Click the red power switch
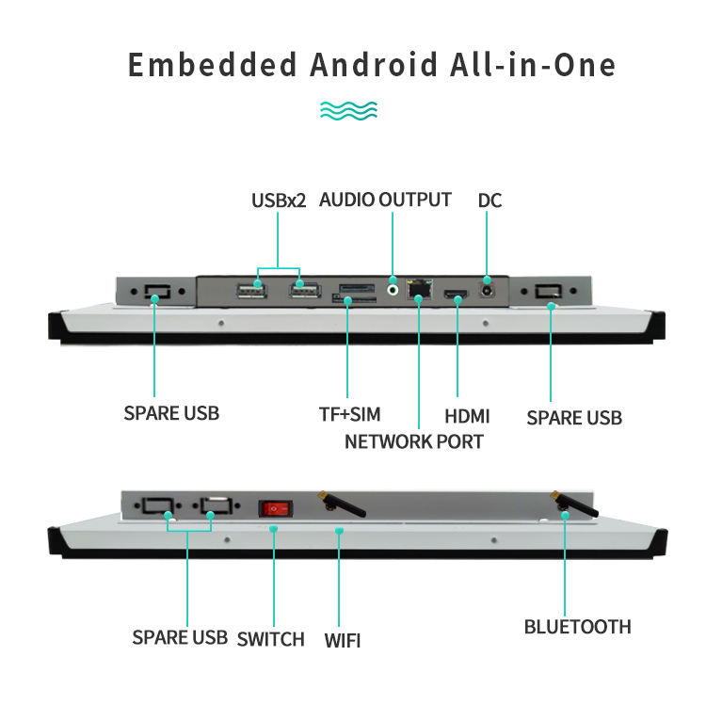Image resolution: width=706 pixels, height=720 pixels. (x=274, y=508)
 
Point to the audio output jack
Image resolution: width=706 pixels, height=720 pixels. (x=393, y=280)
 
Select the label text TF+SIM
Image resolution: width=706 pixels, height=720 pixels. (x=349, y=415)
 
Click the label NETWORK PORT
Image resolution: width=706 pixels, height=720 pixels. (x=413, y=441)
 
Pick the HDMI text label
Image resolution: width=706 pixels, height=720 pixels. (x=467, y=416)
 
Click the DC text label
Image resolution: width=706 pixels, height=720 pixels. (x=489, y=200)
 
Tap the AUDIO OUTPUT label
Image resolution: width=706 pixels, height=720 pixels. (x=385, y=200)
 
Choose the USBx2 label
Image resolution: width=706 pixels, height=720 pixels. (x=279, y=200)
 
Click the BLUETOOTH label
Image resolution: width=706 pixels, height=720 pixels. (x=577, y=627)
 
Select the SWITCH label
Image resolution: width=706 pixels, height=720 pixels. (x=271, y=640)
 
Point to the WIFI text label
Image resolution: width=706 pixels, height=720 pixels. (x=343, y=641)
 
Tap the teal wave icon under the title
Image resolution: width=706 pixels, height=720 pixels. (x=348, y=110)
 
